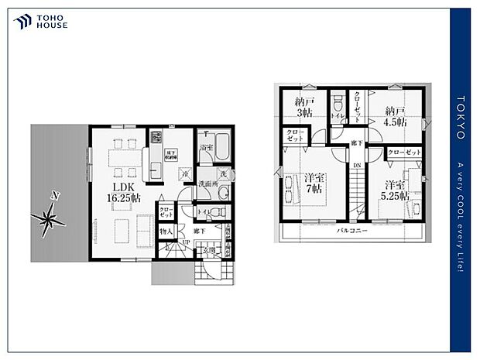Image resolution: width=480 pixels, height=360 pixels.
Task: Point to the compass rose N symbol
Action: coord(53,196)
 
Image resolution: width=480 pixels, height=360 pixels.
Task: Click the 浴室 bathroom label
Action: coord(205,147)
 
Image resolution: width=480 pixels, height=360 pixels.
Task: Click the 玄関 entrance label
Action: coord(210,250)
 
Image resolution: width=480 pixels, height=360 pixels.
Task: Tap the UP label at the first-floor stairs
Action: coord(186,243)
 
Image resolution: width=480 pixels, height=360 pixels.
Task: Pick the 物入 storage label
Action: coord(166,231)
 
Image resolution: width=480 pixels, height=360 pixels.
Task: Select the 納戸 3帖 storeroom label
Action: coord(305,107)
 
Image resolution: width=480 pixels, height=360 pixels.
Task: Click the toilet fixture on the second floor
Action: coord(337,106)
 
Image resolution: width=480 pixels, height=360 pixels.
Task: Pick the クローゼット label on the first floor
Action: coord(166,211)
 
